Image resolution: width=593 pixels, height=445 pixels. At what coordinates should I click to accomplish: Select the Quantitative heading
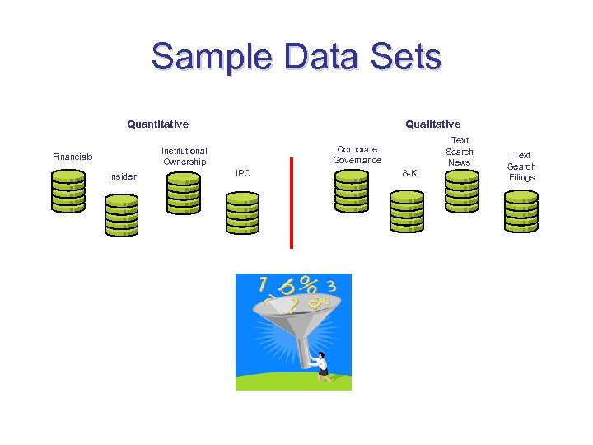pyautogui.click(x=157, y=124)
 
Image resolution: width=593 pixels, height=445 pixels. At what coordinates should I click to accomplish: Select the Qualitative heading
pyautogui.click(x=432, y=124)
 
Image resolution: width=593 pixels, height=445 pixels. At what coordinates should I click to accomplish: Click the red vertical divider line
pyautogui.click(x=291, y=202)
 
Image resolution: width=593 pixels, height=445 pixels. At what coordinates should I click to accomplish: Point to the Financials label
pyautogui.click(x=72, y=157)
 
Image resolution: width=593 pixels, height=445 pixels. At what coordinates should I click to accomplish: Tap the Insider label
pyautogui.click(x=123, y=176)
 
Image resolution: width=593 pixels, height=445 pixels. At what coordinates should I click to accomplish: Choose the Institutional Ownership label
pyautogui.click(x=184, y=157)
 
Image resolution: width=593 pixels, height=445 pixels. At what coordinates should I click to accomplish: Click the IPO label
pyautogui.click(x=243, y=173)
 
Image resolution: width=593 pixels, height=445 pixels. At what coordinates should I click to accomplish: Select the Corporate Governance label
pyautogui.click(x=357, y=154)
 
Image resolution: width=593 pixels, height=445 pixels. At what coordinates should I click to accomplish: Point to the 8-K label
pyautogui.click(x=409, y=173)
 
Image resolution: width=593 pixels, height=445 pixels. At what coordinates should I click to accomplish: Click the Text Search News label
pyautogui.click(x=460, y=152)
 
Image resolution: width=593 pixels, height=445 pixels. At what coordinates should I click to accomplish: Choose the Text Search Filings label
pyautogui.click(x=521, y=166)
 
